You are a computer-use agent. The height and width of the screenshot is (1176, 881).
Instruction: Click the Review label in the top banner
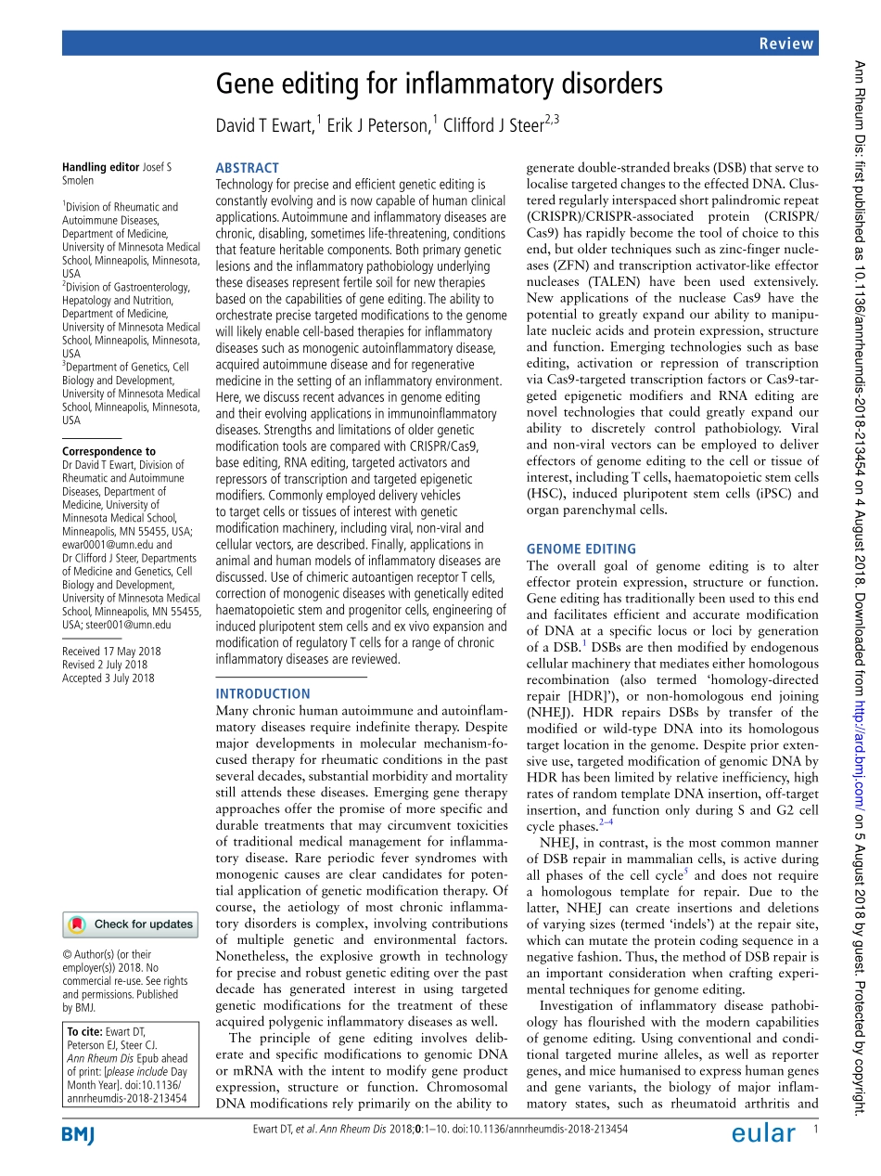click(785, 44)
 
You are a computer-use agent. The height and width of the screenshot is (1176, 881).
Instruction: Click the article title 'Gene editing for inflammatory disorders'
click(439, 84)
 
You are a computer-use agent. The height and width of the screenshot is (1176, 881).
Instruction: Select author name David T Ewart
click(265, 125)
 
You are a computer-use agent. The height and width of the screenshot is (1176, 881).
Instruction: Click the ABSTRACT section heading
click(247, 168)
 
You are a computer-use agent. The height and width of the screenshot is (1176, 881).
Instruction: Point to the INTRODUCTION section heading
click(262, 667)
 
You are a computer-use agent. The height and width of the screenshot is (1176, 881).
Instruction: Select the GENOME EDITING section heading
click(581, 549)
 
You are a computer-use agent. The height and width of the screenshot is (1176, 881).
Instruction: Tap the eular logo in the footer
click(762, 1133)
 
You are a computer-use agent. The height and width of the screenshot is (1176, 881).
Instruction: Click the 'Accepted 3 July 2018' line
click(108, 678)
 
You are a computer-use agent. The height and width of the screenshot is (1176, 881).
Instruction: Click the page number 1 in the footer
click(814, 1130)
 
